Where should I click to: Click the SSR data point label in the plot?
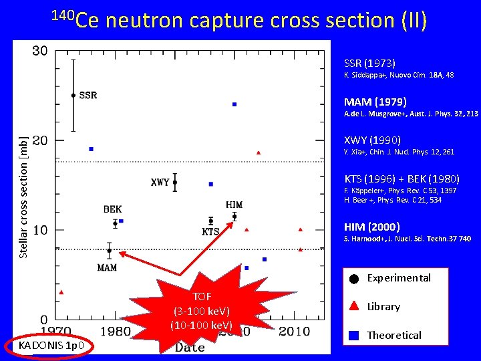(88, 96)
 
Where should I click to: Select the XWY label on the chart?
(160, 183)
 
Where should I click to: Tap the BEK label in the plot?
(112, 209)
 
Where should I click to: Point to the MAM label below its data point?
(107, 267)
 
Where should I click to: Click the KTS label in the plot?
(210, 232)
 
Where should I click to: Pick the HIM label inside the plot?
(234, 205)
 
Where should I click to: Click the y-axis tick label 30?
(39, 51)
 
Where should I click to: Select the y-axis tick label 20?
(39, 140)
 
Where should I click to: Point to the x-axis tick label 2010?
(294, 332)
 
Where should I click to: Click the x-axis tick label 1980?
(116, 332)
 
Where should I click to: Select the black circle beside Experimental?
(353, 279)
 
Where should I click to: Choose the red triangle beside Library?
(353, 307)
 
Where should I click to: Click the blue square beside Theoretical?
(353, 336)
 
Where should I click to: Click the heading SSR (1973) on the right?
(369, 63)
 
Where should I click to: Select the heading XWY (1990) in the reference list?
(372, 140)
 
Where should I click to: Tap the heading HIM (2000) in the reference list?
(371, 226)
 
